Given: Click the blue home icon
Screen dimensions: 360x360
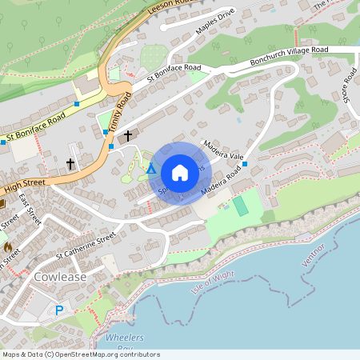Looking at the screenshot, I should click(x=180, y=173).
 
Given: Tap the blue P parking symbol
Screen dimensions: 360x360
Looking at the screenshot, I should click(x=58, y=310).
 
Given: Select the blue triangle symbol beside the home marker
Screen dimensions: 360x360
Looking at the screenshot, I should click(x=151, y=169).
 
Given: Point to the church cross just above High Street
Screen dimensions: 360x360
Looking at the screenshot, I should click(x=70, y=164).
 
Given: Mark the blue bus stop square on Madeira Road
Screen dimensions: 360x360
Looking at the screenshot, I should click(x=245, y=164).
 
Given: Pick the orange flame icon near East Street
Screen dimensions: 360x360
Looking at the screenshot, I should click(x=8, y=247).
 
